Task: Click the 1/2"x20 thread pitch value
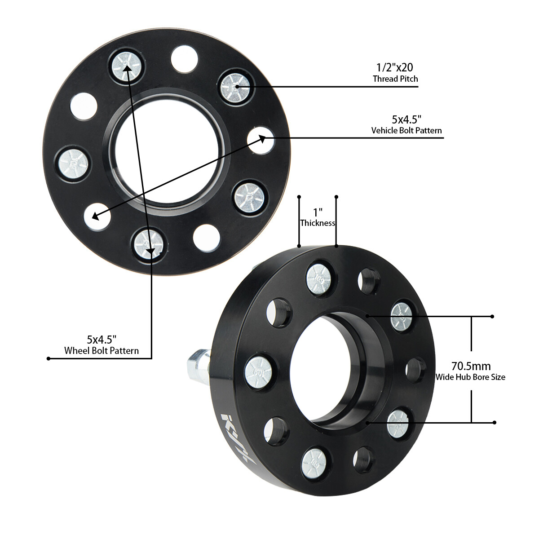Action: click(394, 67)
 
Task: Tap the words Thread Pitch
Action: click(395, 79)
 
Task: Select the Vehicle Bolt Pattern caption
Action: click(406, 131)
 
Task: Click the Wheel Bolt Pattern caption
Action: click(102, 351)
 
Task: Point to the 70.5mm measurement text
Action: click(471, 366)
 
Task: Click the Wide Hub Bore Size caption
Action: click(470, 377)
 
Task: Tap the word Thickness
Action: click(318, 223)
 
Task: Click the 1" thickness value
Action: click(318, 212)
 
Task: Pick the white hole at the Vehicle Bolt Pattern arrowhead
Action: click(261, 140)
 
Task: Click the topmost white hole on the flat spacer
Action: click(184, 59)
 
